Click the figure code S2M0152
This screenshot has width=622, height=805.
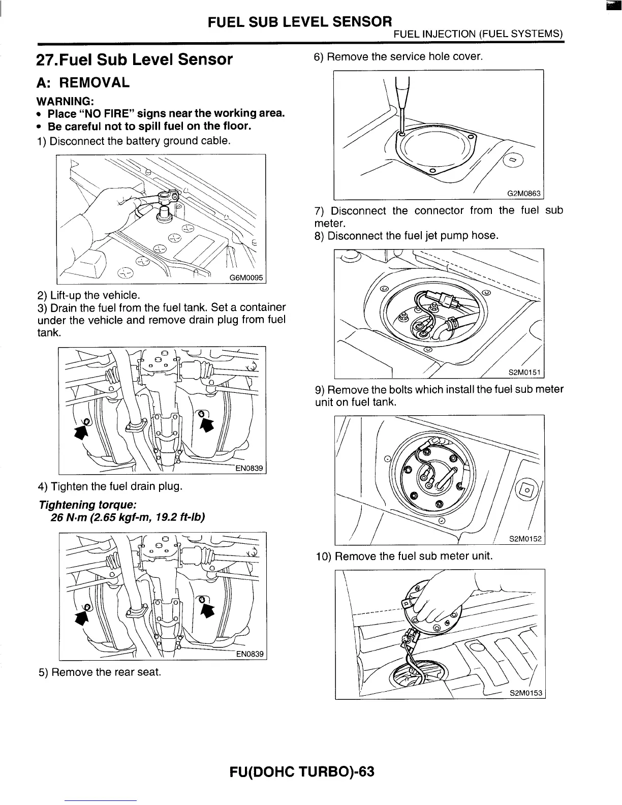tap(525, 539)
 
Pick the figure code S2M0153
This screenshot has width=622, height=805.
tap(526, 693)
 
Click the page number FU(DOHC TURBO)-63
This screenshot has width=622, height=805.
tap(302, 771)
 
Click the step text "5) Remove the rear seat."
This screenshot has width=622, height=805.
tap(100, 672)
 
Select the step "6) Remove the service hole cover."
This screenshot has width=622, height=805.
tap(398, 57)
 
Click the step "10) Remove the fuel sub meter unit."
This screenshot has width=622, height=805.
tap(404, 555)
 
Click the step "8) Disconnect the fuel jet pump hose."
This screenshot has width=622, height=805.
tap(407, 236)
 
